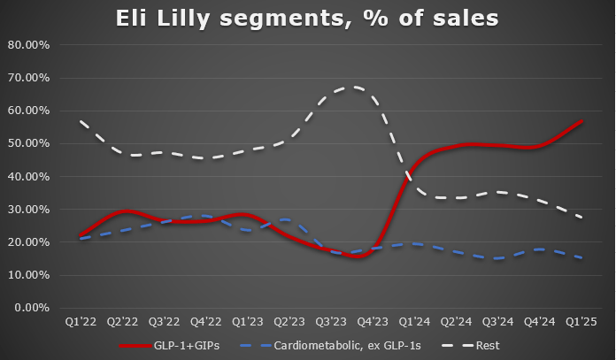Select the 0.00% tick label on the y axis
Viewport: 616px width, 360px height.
point(35,308)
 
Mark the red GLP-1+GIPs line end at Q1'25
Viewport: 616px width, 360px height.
point(581,121)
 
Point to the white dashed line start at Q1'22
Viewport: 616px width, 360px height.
point(80,121)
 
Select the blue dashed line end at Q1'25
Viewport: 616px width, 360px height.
point(581,258)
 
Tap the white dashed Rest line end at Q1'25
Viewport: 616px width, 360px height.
point(581,218)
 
